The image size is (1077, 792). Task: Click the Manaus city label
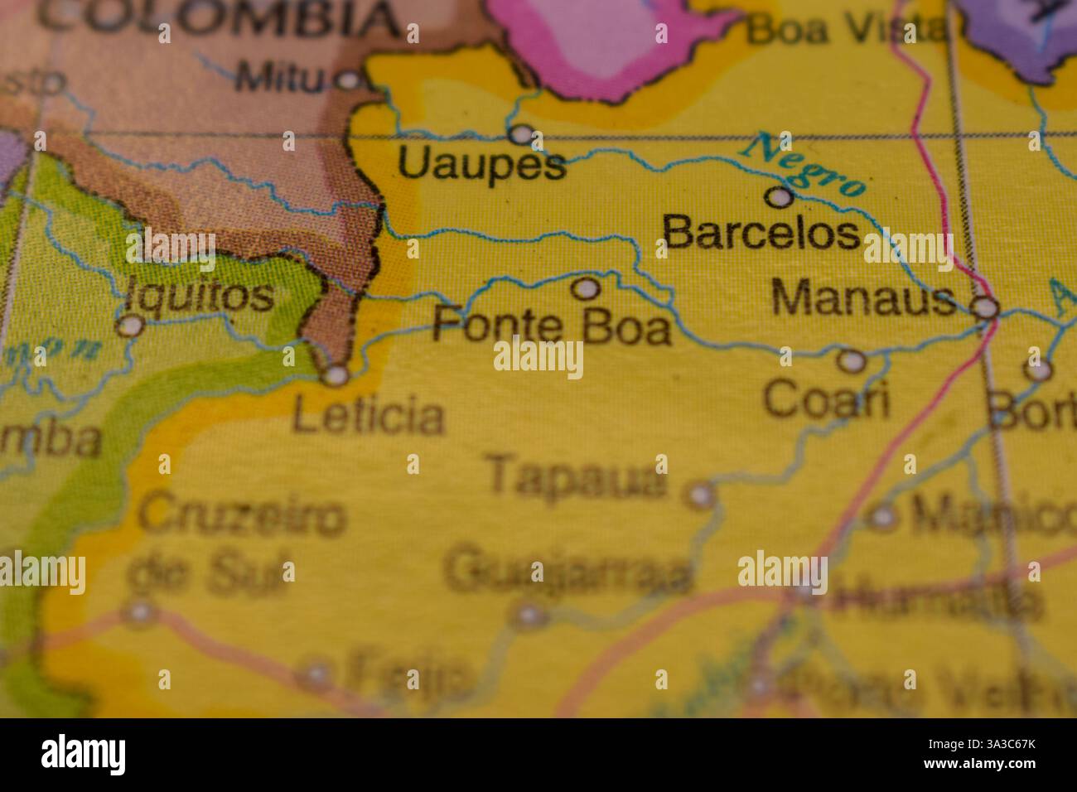(862, 297)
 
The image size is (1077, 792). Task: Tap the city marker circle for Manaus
(985, 308)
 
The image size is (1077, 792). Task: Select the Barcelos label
(761, 233)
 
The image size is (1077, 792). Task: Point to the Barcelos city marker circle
(779, 197)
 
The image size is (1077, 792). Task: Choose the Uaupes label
(482, 163)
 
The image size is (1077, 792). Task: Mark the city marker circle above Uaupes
(521, 133)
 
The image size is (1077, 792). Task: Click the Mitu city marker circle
(348, 80)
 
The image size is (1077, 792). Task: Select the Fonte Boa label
(551, 326)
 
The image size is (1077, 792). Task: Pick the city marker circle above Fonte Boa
(587, 288)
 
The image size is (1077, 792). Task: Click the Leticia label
(369, 416)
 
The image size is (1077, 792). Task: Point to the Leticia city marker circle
(336, 375)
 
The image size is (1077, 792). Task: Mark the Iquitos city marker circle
(128, 326)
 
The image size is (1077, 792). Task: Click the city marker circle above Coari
(851, 360)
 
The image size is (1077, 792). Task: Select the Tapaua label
(577, 476)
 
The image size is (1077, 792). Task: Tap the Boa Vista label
(845, 31)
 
